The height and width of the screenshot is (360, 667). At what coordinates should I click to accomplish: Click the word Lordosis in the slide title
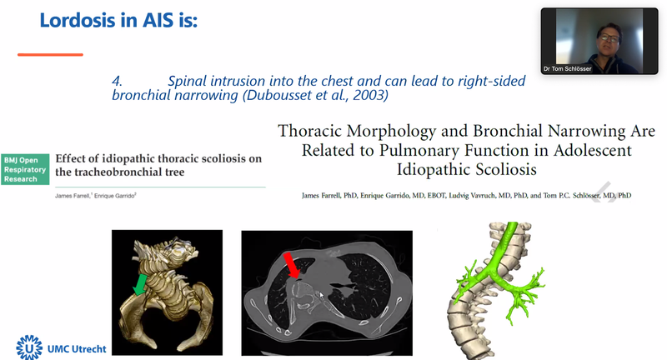point(78,20)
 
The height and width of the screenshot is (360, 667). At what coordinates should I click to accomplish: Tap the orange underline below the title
point(50,55)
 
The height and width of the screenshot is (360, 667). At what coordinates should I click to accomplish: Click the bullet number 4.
point(118,82)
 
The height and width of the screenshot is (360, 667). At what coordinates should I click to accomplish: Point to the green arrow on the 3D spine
point(143,287)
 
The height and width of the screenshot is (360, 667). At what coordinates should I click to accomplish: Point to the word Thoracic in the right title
point(311,132)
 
